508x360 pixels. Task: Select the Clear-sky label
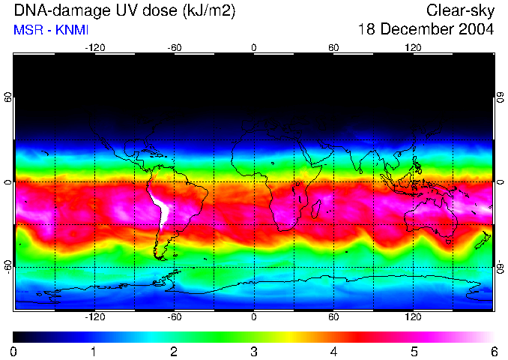coord(460,10)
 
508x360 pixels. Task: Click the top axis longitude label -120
coord(94,47)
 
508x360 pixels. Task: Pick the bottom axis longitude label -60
coord(174,317)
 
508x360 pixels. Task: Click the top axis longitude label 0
coord(254,47)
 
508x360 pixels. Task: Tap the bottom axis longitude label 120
coord(413,317)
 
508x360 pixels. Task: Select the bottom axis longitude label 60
coord(333,317)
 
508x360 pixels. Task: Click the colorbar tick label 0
coord(14,352)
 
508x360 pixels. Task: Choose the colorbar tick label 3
coord(253,352)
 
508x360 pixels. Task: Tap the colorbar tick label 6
coord(493,352)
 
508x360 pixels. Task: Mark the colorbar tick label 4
coord(333,352)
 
